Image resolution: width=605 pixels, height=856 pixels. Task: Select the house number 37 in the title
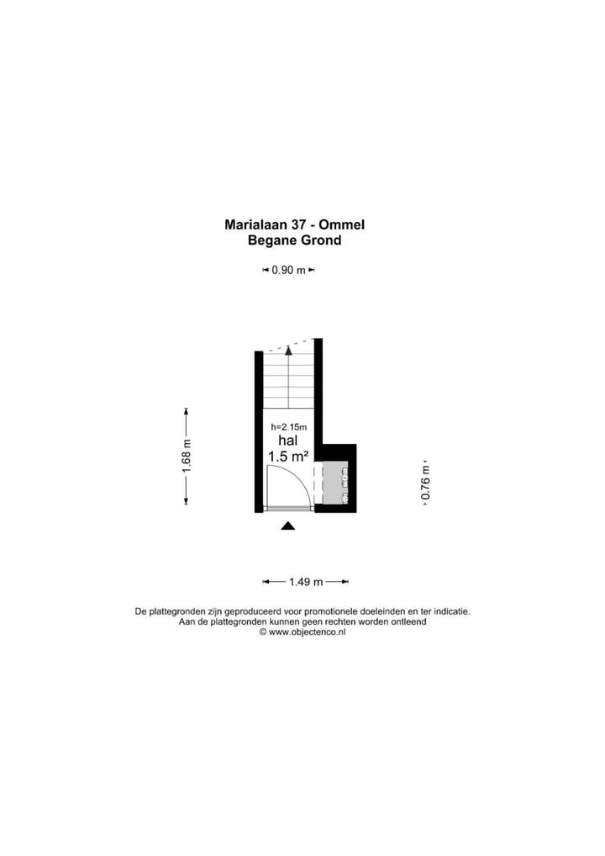point(299,225)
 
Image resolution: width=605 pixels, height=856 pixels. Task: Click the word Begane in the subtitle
point(270,240)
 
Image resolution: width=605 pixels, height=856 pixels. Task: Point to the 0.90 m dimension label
point(288,270)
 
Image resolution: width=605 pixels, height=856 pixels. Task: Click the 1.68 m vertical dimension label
point(187,456)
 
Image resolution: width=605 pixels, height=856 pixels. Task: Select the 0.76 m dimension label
point(426,483)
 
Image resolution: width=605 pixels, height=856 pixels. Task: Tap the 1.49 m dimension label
point(306,582)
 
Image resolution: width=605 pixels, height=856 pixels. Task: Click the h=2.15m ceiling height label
point(288,427)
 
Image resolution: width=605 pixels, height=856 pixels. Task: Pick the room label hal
point(288,441)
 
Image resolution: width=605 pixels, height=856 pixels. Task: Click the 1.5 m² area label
point(288,456)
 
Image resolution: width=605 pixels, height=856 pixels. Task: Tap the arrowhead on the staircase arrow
point(288,350)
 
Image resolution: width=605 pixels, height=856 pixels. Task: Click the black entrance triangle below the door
point(288,526)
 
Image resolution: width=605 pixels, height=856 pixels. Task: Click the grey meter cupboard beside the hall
point(335,483)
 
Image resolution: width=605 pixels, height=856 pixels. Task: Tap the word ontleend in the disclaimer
point(409,621)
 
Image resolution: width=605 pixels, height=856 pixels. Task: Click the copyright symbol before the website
point(263,632)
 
